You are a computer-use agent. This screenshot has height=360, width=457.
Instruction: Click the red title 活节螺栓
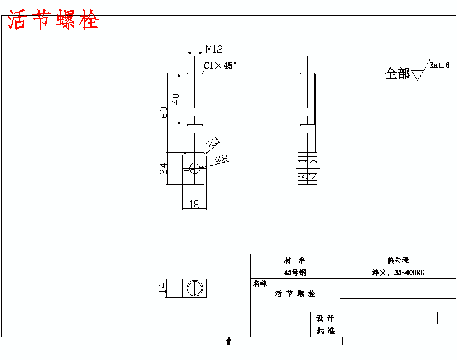(53, 21)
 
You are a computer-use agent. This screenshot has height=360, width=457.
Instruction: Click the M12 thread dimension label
(214, 49)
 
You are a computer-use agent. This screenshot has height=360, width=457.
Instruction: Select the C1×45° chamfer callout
(220, 66)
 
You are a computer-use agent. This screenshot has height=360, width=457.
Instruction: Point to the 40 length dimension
(176, 99)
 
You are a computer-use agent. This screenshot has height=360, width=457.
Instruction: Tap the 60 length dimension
(164, 112)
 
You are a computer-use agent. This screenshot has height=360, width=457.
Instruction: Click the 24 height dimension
(164, 169)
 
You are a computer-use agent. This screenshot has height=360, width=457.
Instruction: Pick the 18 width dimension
(194, 204)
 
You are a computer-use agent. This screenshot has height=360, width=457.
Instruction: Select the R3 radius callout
(213, 144)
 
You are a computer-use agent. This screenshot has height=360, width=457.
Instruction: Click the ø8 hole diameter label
(222, 159)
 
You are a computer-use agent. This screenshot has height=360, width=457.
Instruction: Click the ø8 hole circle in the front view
(194, 167)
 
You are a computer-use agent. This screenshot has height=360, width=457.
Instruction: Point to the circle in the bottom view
(194, 288)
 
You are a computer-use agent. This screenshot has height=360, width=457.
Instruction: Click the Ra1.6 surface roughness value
(440, 65)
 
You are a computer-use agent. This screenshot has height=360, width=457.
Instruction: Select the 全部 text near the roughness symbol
(397, 74)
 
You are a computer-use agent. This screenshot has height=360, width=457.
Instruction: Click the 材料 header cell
(295, 260)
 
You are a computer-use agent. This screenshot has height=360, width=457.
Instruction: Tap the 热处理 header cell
(398, 260)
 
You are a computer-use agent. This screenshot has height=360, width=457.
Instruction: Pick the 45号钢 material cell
(295, 272)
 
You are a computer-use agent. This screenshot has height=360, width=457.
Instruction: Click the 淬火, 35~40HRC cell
(398, 272)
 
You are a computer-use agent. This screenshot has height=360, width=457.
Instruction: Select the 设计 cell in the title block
(325, 318)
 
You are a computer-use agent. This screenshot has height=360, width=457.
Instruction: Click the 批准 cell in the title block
(325, 330)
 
